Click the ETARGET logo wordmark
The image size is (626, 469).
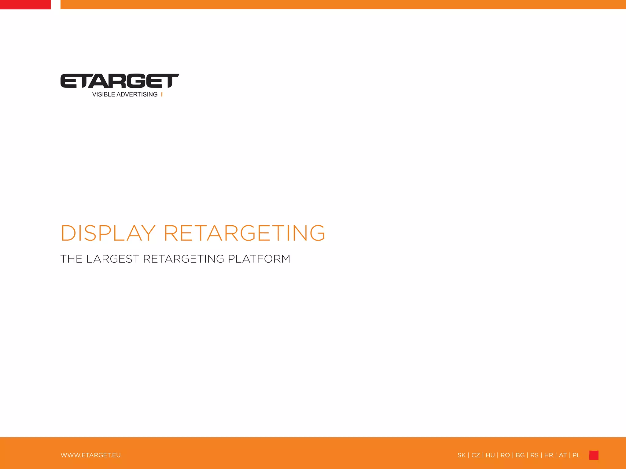(120, 81)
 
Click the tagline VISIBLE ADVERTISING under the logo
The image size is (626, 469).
(125, 95)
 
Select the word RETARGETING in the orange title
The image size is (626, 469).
(245, 233)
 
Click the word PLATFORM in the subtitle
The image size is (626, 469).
(259, 259)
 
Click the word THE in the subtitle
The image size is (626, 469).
(71, 259)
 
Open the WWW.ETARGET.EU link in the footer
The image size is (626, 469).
(91, 455)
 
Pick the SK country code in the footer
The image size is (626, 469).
(462, 455)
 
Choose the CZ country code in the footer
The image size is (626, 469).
(476, 455)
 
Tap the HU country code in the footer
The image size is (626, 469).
(490, 455)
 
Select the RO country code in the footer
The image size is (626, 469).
(505, 455)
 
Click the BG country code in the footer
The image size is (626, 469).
(520, 455)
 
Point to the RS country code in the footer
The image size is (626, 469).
(534, 455)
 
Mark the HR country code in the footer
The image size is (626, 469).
(549, 455)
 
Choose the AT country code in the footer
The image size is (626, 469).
(563, 455)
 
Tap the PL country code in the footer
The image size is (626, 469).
(576, 455)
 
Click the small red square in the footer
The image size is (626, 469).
(594, 455)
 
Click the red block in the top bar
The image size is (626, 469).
(25, 5)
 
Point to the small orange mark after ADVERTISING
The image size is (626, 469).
(162, 95)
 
